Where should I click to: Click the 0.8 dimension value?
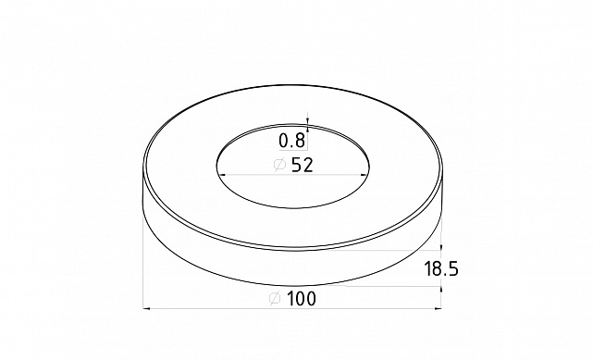pyautogui.click(x=292, y=142)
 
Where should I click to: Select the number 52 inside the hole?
pyautogui.click(x=302, y=166)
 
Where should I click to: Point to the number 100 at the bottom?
pyautogui.click(x=301, y=298)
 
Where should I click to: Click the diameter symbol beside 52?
pyautogui.click(x=278, y=166)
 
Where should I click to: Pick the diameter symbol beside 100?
pyautogui.click(x=274, y=298)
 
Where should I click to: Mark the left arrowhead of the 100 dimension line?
pyautogui.click(x=148, y=308)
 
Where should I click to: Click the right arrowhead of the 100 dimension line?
pyautogui.click(x=438, y=308)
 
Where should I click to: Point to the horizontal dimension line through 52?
pyautogui.click(x=250, y=176)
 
